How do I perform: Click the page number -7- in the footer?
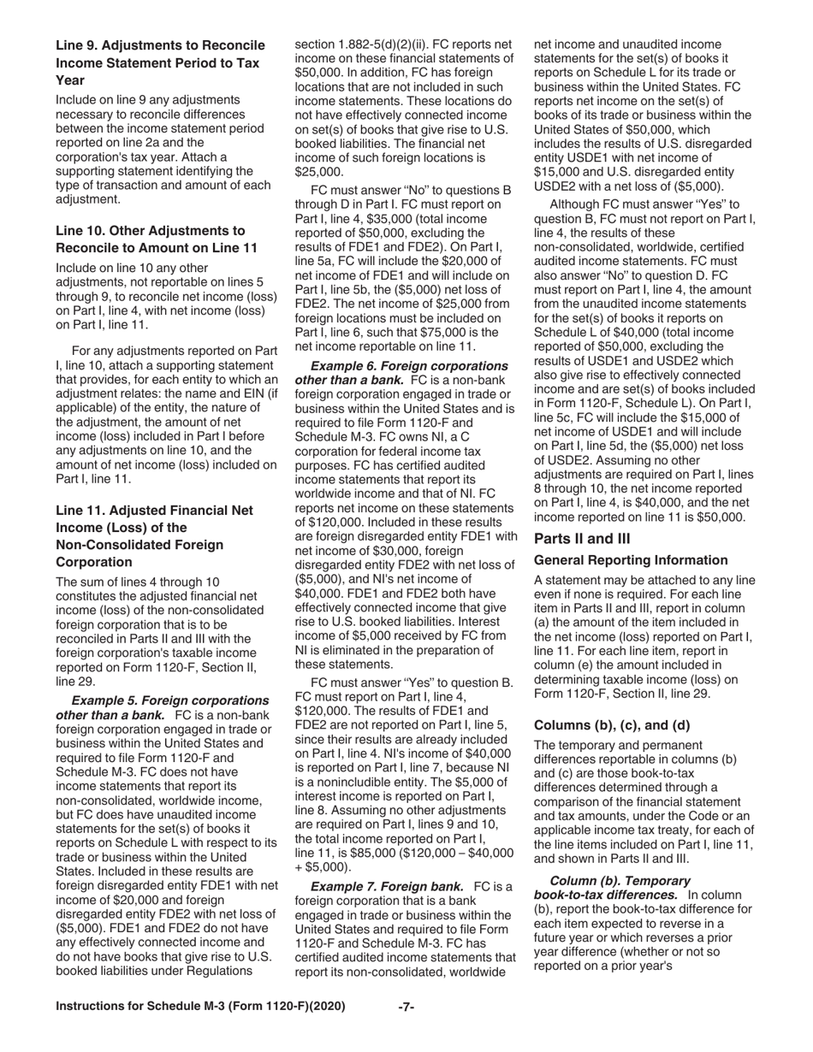(x=406, y=1007)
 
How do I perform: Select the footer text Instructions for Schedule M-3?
(x=200, y=1007)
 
